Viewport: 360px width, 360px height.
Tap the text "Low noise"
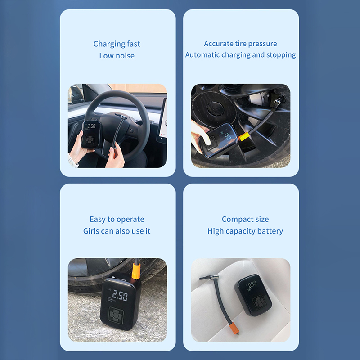[x=117, y=56]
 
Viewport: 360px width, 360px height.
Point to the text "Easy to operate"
[x=117, y=220]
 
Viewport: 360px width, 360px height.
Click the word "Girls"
[x=91, y=231]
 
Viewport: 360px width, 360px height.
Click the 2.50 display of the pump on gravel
[x=120, y=295]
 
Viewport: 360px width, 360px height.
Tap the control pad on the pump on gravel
[x=116, y=315]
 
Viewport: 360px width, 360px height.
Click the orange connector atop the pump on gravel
[x=136, y=271]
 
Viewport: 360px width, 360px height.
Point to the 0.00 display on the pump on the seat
[x=252, y=284]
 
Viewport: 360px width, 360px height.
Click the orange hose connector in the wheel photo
[x=244, y=137]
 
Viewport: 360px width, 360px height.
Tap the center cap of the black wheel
[x=215, y=107]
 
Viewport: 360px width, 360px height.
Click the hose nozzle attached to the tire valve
[x=278, y=101]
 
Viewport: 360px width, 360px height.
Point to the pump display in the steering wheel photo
[x=91, y=126]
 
